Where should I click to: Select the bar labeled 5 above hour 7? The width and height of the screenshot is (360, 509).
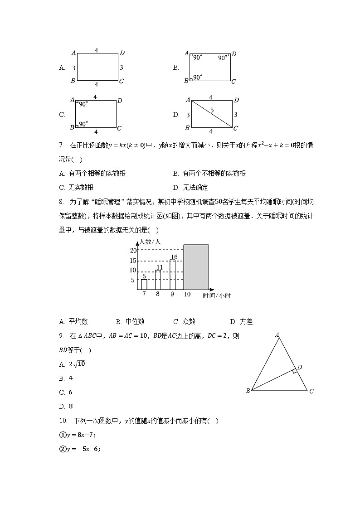tap(144, 284)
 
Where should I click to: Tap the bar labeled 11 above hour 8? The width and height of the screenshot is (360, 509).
tap(158, 280)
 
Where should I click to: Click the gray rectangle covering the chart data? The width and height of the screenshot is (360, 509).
tap(196, 267)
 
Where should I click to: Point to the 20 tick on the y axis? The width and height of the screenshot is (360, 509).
tap(133, 251)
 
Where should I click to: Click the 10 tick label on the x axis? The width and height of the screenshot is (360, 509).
tap(187, 295)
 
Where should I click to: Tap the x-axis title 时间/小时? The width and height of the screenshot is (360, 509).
tap(217, 296)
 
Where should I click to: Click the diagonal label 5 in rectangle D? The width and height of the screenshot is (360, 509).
tap(212, 110)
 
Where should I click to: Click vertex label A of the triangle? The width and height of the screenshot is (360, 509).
tap(277, 335)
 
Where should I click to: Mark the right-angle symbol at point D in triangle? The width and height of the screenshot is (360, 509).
tap(295, 371)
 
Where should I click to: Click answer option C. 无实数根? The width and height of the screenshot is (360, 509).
tap(76, 188)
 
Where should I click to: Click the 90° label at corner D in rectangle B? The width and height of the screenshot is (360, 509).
tap(223, 58)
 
